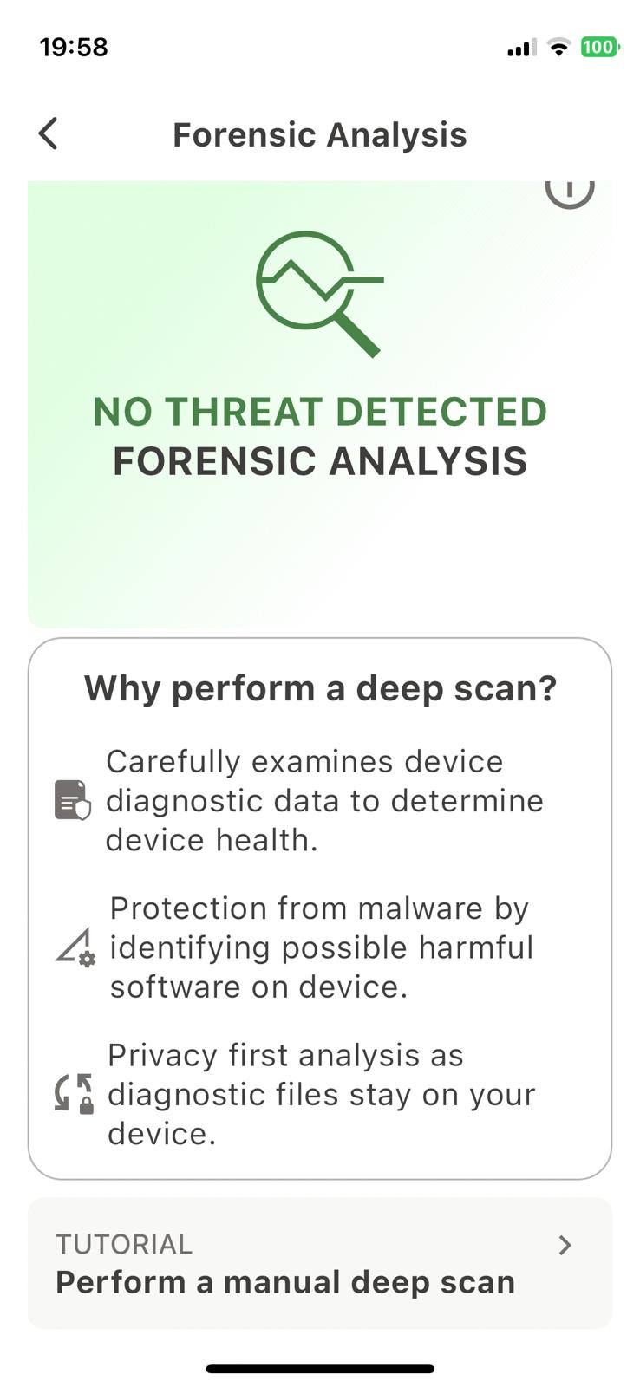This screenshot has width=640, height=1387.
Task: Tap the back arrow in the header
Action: (x=49, y=133)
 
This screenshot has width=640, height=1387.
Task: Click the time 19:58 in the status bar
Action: (x=74, y=47)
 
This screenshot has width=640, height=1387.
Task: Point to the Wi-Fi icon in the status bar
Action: (x=558, y=47)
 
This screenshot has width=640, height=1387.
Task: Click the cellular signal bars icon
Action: (x=522, y=48)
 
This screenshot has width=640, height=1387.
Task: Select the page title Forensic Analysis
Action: (x=320, y=135)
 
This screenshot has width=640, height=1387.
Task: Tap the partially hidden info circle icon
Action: (x=570, y=194)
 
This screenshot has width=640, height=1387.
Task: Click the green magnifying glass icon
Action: (x=320, y=294)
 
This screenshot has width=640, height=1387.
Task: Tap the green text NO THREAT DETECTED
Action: (x=320, y=412)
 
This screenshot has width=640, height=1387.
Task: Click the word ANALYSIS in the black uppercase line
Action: (x=428, y=461)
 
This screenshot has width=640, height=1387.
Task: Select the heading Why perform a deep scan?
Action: (x=320, y=688)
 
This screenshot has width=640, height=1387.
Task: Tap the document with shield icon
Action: (x=73, y=800)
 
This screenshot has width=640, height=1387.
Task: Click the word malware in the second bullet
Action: (x=420, y=909)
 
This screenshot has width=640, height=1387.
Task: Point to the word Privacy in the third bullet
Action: (x=162, y=1057)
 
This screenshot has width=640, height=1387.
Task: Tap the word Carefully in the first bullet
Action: (x=173, y=762)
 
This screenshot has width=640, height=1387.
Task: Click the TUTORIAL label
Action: (x=124, y=1245)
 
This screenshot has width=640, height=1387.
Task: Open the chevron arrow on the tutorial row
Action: (x=565, y=1245)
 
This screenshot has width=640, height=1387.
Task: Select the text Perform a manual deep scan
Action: (x=285, y=1282)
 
